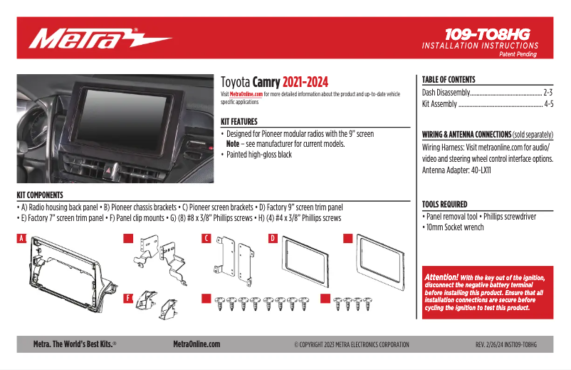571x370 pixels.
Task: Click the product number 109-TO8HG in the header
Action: (x=488, y=35)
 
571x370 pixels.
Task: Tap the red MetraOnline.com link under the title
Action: (x=246, y=94)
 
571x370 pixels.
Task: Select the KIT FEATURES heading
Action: (x=239, y=121)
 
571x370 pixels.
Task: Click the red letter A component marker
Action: (x=21, y=238)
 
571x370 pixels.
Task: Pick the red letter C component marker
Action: (x=206, y=238)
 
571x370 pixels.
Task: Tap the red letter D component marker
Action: (x=273, y=238)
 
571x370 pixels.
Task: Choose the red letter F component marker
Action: (x=128, y=298)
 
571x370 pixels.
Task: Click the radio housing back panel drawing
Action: (x=69, y=274)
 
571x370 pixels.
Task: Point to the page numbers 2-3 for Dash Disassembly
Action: (x=548, y=92)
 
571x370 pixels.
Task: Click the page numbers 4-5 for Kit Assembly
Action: (x=549, y=104)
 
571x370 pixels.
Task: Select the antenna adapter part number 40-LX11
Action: (x=481, y=170)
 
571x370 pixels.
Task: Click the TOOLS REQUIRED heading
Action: (x=445, y=204)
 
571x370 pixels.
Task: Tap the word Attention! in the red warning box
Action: (x=441, y=277)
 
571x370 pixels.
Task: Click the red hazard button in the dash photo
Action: (x=109, y=170)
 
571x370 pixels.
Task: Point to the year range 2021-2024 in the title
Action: (x=305, y=82)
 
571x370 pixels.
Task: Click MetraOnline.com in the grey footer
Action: (x=197, y=344)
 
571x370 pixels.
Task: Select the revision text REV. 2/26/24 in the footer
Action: (x=491, y=344)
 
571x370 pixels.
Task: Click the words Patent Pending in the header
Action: (x=518, y=54)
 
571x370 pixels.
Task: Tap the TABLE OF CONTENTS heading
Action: (x=449, y=79)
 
